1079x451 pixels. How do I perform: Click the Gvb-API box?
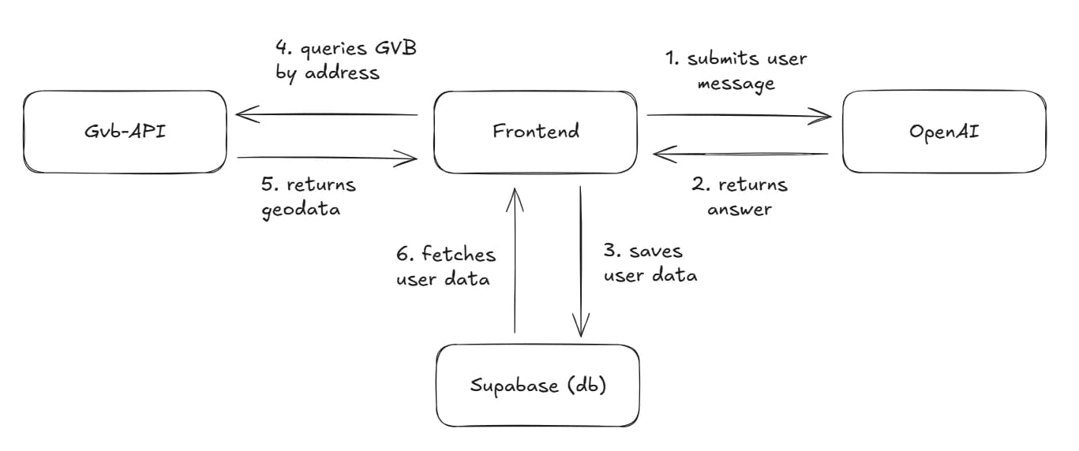[126, 132]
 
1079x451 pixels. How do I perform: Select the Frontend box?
[536, 132]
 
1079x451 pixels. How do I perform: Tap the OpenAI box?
[944, 132]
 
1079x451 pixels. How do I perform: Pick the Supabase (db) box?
[538, 386]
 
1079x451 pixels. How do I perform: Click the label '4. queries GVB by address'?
[346, 60]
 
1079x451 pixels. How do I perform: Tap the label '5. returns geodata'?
[309, 196]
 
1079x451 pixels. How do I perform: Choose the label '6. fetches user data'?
[446, 266]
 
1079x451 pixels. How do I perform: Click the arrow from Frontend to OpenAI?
[739, 116]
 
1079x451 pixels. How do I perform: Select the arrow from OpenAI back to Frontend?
[740, 155]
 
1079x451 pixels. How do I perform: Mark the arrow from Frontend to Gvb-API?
[327, 115]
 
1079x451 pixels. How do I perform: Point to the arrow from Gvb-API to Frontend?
[327, 158]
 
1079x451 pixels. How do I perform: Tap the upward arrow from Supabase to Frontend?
[515, 260]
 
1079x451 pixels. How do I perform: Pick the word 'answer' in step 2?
[740, 209]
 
